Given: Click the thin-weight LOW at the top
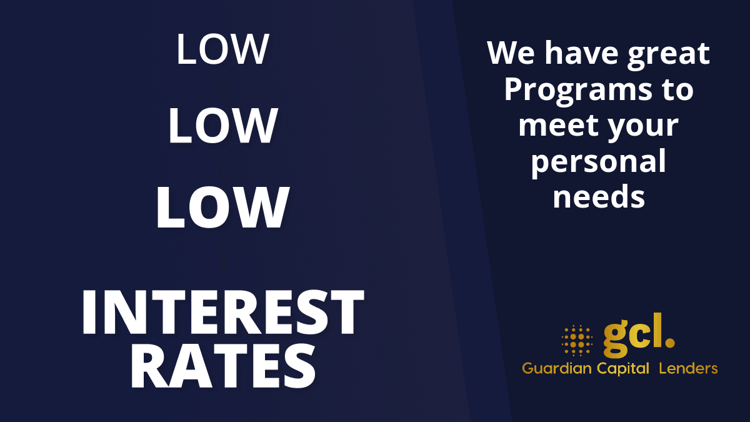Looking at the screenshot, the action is (x=222, y=49).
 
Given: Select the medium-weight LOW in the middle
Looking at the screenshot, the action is (x=222, y=126).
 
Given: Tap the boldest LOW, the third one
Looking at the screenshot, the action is (x=222, y=208).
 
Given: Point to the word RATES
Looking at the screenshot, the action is (x=223, y=366).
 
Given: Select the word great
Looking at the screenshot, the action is (x=669, y=56).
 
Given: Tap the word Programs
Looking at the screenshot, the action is (x=578, y=91).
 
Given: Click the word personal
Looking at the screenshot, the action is (x=599, y=163).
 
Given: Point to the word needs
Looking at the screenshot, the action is (x=599, y=196).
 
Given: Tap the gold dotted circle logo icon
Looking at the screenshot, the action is (x=577, y=340).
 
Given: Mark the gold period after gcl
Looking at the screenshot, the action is (x=669, y=342).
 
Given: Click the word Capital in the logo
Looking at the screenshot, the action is (x=623, y=369).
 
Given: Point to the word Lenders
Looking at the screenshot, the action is (x=688, y=368).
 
